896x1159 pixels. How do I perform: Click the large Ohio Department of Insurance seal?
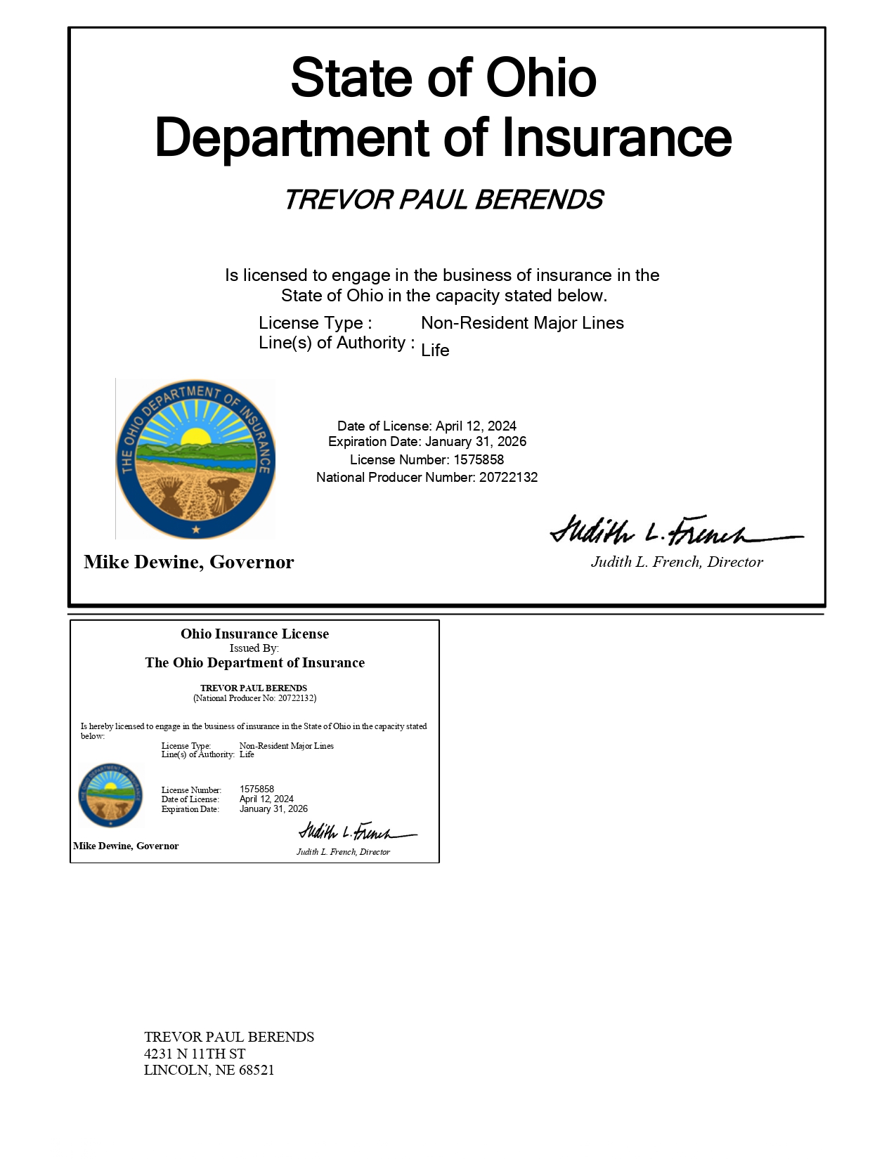(x=195, y=459)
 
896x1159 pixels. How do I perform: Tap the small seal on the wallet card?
(x=110, y=794)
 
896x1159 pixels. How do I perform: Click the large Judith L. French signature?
(x=675, y=531)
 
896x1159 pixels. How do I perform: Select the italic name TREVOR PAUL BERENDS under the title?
(x=443, y=200)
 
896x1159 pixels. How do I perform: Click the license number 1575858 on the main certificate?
(x=479, y=460)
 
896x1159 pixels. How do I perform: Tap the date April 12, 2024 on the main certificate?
(x=476, y=426)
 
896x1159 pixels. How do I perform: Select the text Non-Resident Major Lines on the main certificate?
(x=522, y=323)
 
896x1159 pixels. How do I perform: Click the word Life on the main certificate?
(x=435, y=351)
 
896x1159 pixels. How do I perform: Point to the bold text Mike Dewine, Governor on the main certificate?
(x=189, y=562)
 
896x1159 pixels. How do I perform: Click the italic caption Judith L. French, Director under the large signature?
(x=677, y=562)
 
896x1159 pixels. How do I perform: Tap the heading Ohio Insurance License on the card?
(x=254, y=634)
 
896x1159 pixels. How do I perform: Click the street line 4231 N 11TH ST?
(x=195, y=1054)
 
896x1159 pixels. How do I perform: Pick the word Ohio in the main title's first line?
(x=541, y=78)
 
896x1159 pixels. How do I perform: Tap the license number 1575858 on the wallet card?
(x=257, y=790)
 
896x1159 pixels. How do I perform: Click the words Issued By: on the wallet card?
(x=254, y=648)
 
